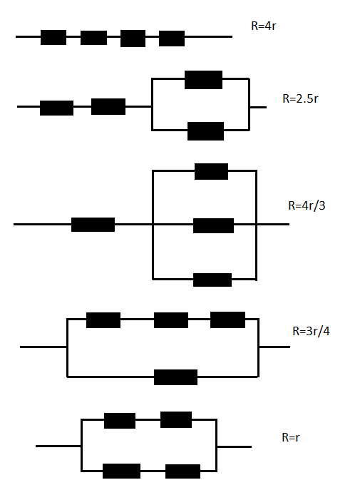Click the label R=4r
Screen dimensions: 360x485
click(x=264, y=26)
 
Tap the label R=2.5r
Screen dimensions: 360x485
click(x=300, y=98)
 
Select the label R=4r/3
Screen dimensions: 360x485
click(x=307, y=205)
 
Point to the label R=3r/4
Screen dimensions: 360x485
click(x=311, y=331)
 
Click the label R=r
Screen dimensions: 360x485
click(x=291, y=437)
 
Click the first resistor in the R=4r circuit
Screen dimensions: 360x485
click(x=53, y=37)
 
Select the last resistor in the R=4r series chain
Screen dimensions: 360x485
click(x=172, y=39)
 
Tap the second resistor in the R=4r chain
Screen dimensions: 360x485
click(x=93, y=38)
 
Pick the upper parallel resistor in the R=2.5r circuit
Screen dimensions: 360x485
click(x=203, y=80)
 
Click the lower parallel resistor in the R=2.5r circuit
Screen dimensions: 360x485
click(x=206, y=131)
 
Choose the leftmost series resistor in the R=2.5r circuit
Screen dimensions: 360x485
click(x=56, y=108)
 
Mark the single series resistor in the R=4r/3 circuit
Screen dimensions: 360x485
click(x=93, y=225)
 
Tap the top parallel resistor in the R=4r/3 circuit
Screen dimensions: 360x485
click(x=211, y=171)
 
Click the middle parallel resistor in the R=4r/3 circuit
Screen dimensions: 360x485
click(x=213, y=225)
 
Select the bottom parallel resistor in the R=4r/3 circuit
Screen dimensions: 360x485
click(x=212, y=280)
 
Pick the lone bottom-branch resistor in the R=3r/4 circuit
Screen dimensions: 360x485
click(x=175, y=377)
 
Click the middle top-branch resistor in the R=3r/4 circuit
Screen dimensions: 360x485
click(x=171, y=320)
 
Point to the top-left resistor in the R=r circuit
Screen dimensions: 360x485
click(x=120, y=421)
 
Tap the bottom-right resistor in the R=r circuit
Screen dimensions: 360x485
click(x=182, y=471)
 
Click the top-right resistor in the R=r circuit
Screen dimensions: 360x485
click(x=176, y=419)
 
